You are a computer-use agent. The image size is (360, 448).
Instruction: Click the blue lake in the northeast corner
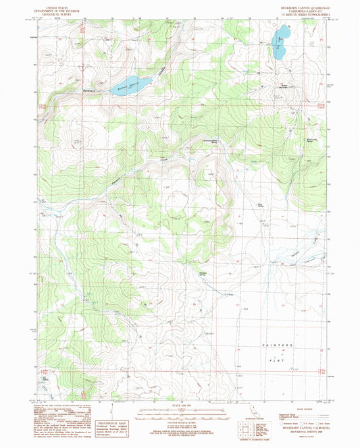click(x=280, y=38)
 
